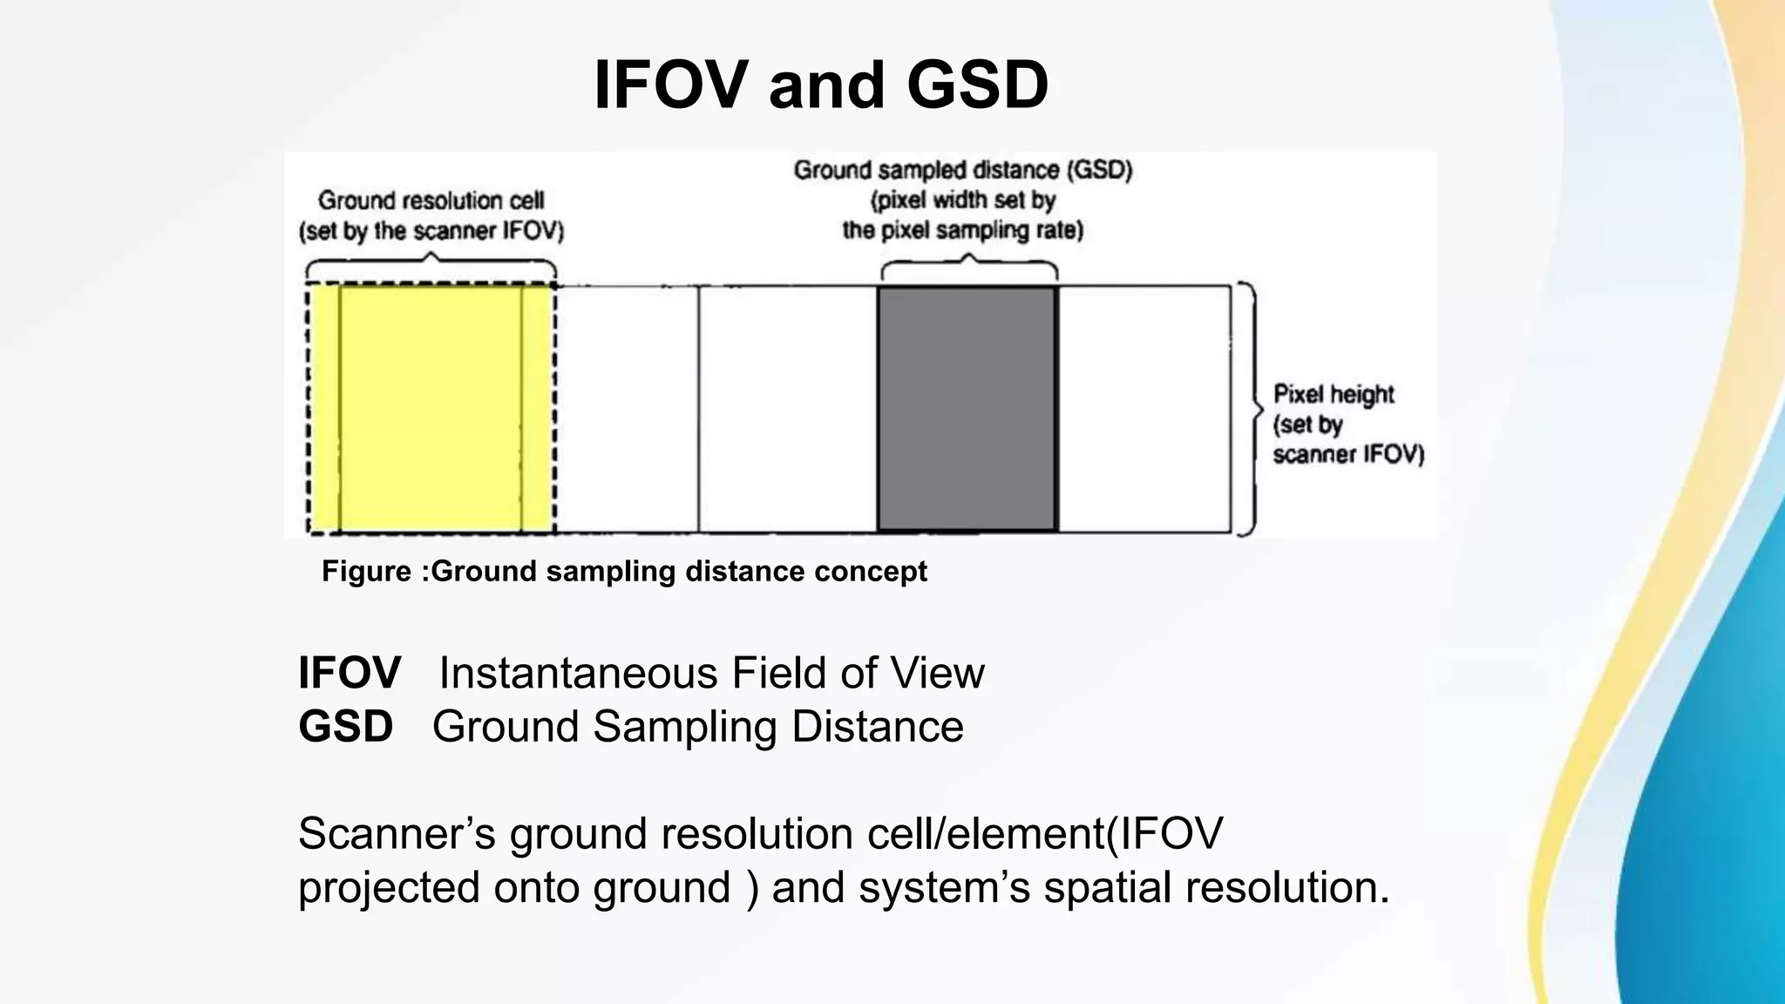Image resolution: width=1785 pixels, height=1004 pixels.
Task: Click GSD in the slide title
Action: [x=977, y=85]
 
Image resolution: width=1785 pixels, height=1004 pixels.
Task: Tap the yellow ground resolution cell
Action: [x=431, y=408]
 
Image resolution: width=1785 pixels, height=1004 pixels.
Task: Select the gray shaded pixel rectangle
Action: [x=967, y=408]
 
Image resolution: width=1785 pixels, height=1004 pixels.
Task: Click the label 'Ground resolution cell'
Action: [x=431, y=200]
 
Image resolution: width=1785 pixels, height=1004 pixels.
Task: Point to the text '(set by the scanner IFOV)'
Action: [x=431, y=232]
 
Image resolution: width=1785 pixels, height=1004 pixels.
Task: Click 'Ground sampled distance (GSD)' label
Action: [x=962, y=170]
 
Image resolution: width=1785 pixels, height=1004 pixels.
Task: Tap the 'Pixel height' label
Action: [x=1334, y=395]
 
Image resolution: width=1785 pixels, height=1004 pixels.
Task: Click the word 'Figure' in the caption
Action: [x=366, y=572]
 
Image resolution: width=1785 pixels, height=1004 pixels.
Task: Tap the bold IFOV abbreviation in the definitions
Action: [x=350, y=673]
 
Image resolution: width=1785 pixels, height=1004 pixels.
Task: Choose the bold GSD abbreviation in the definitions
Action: [x=346, y=727]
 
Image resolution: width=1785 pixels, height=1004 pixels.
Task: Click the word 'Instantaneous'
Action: [x=578, y=673]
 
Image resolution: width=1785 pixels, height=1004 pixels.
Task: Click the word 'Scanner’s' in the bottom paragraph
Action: [x=397, y=834]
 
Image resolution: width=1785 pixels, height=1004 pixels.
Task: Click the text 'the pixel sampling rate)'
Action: [x=962, y=231]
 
